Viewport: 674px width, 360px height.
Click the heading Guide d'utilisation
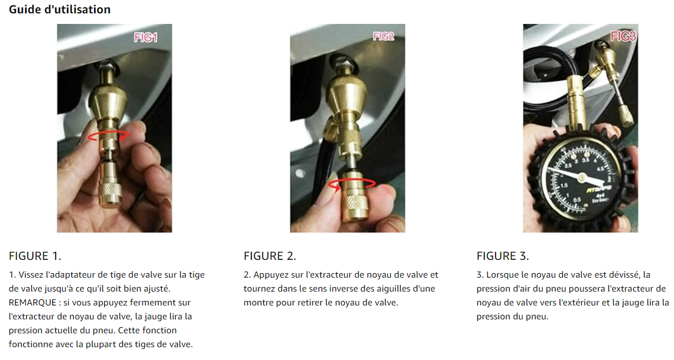point(60,9)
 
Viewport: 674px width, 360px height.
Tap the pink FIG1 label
point(146,38)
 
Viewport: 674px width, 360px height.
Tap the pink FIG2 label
point(383,36)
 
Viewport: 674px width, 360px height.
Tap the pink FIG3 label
point(623,36)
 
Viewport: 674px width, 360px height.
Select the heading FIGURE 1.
point(35,256)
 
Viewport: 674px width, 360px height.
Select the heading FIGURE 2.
point(270,256)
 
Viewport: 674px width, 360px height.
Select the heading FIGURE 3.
point(503,256)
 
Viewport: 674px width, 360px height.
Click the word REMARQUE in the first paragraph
point(32,303)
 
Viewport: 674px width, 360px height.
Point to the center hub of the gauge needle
point(581,177)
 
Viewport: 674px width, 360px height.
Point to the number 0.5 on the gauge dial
point(577,200)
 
